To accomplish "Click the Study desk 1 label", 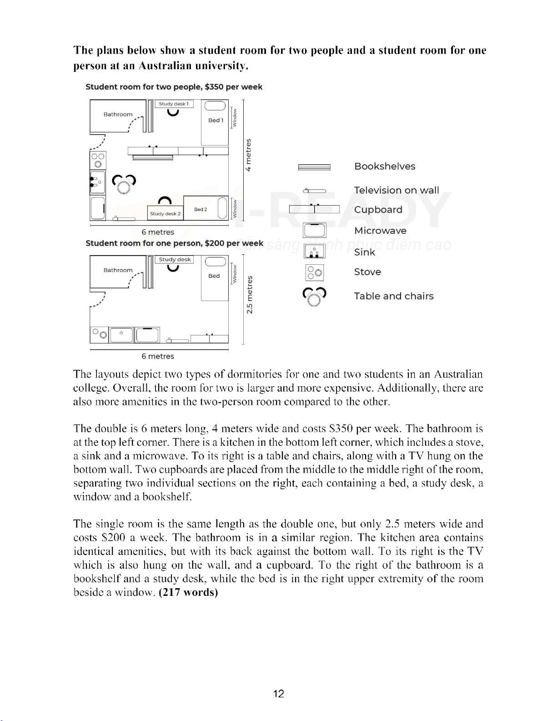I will (174, 104).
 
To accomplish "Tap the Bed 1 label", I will (216, 120).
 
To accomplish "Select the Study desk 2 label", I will (166, 213).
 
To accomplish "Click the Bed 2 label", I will (201, 209).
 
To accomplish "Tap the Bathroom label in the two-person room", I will (118, 114).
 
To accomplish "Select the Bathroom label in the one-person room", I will (118, 270).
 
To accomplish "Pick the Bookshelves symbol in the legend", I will (314, 167).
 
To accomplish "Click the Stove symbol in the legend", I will (315, 272).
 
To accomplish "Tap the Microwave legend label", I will (380, 231).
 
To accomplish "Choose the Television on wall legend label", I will (396, 190).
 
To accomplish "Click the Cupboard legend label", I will (378, 210).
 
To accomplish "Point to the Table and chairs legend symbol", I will (315, 297).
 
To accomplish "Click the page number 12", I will (279, 693).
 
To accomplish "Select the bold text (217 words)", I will (188, 592).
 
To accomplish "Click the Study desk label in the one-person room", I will (174, 259).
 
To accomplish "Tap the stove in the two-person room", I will (98, 160).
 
